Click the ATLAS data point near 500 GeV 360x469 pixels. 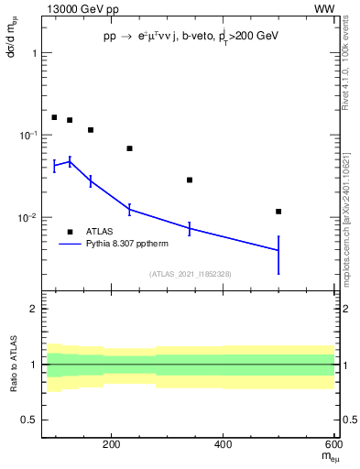[278, 212]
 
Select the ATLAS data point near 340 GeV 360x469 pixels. [190, 180]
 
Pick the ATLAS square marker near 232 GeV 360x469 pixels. [129, 148]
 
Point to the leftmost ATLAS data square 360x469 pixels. [54, 117]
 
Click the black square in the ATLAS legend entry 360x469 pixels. [70, 232]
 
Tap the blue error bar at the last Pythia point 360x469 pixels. [278, 255]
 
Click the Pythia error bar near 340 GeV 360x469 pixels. [190, 229]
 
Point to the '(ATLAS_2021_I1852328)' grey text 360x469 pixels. [191, 274]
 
